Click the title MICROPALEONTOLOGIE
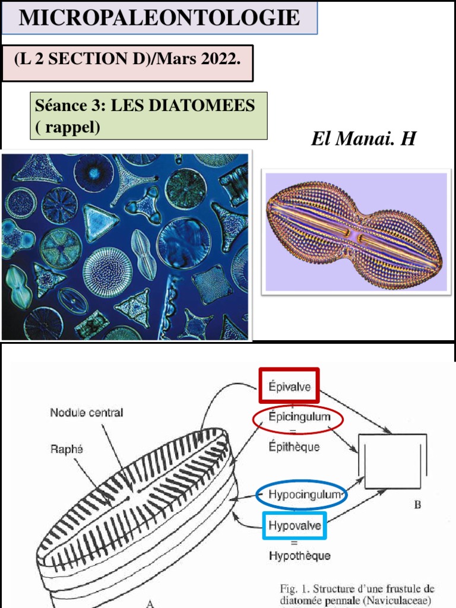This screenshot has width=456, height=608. [x=159, y=18]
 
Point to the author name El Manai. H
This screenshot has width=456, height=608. [x=363, y=139]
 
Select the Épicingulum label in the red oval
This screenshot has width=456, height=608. [x=298, y=417]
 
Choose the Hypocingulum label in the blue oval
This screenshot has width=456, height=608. [x=301, y=495]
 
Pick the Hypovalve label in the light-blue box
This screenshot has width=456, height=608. [x=293, y=525]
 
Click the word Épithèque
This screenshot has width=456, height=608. [x=294, y=446]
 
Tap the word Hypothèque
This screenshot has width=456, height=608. [x=299, y=556]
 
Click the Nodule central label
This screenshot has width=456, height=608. [x=87, y=413]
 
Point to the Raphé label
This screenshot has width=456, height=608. [x=66, y=450]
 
